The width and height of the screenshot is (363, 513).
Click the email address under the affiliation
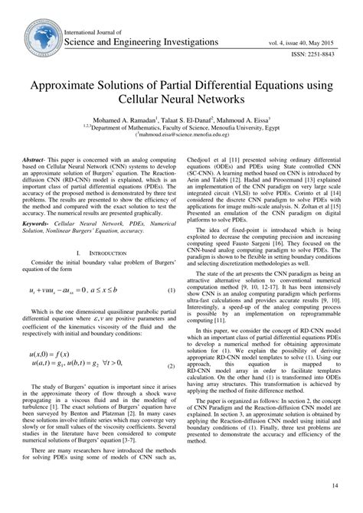[x=182, y=139]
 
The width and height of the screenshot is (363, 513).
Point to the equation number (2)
[x=170, y=367]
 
